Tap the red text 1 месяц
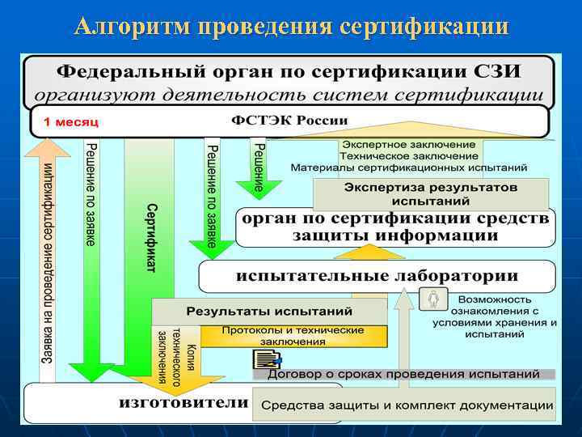tap(71, 121)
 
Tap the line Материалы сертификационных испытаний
tap(409, 168)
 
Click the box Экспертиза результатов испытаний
tap(431, 193)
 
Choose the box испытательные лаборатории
tap(377, 276)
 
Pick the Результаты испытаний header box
tap(270, 311)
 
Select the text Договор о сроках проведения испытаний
tap(403, 375)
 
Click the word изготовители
tap(183, 402)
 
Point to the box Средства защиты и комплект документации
tap(407, 405)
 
